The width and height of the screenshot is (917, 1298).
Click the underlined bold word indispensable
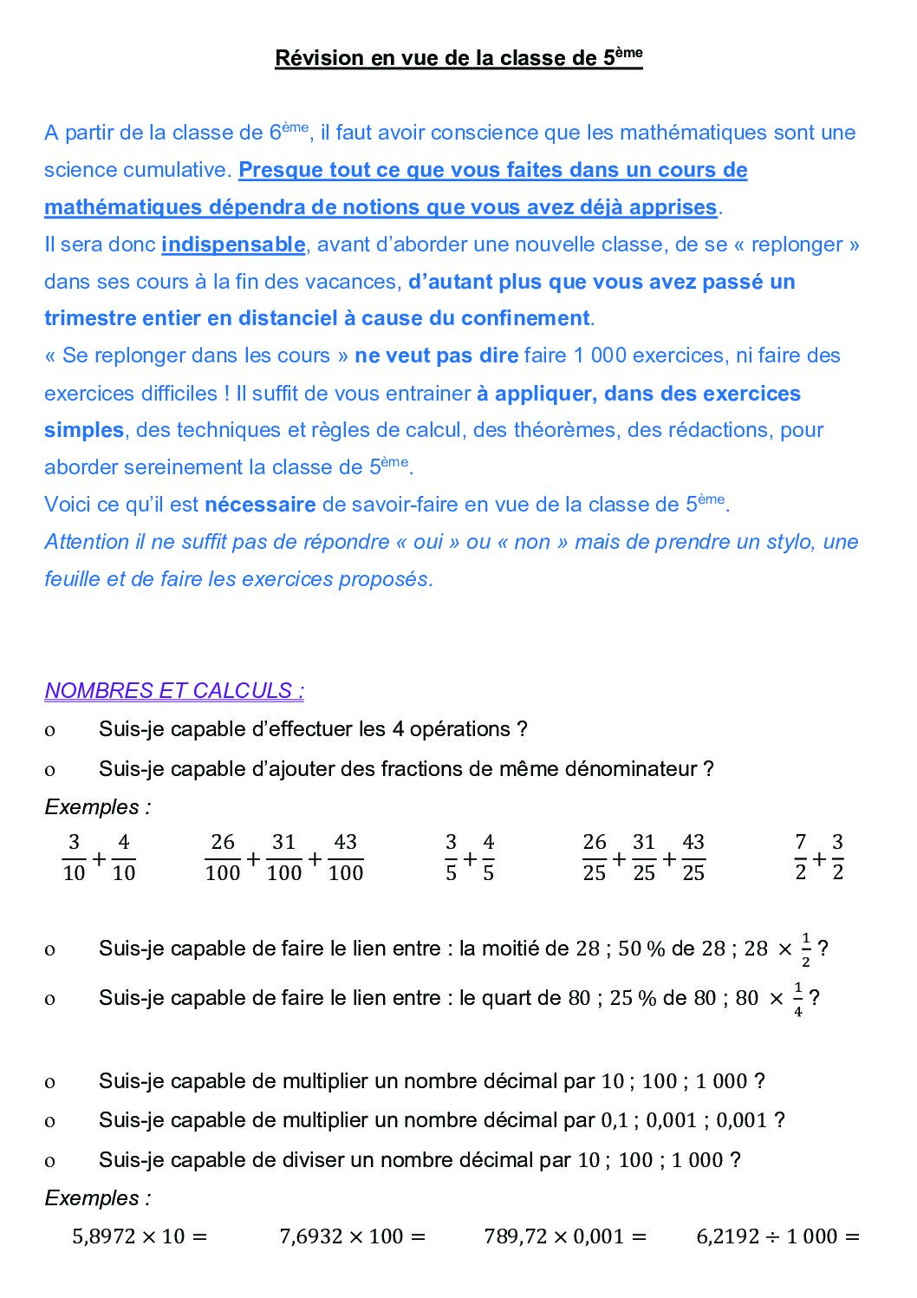(x=233, y=245)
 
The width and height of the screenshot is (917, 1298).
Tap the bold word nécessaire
(x=260, y=505)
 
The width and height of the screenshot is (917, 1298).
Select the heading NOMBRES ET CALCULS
(x=174, y=691)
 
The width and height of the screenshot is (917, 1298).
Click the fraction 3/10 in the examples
(x=74, y=858)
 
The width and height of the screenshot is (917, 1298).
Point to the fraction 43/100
(x=345, y=858)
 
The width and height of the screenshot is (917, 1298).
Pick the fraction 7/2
(x=800, y=858)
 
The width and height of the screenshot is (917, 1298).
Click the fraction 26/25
(x=595, y=858)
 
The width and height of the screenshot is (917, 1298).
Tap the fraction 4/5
(x=488, y=858)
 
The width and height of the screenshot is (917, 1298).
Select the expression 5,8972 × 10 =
(x=140, y=1236)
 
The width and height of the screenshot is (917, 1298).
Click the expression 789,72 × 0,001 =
(x=565, y=1236)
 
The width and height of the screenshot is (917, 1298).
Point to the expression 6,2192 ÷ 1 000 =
(x=777, y=1236)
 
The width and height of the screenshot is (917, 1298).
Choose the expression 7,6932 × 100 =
(x=352, y=1236)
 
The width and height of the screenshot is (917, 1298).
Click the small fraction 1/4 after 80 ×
(x=798, y=999)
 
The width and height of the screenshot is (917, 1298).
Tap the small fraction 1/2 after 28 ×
(x=806, y=949)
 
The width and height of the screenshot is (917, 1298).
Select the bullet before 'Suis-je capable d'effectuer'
(x=49, y=730)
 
